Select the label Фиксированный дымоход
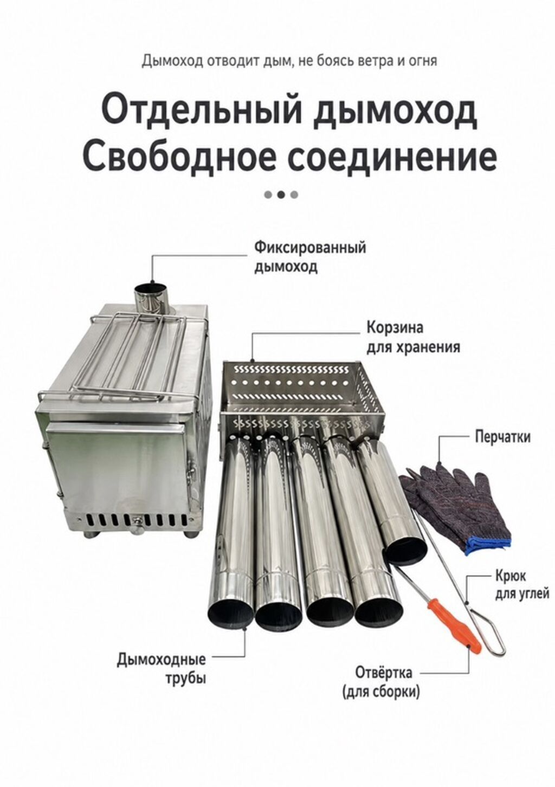(310, 257)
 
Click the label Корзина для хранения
(414, 337)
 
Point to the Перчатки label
(502, 437)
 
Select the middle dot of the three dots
(281, 194)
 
